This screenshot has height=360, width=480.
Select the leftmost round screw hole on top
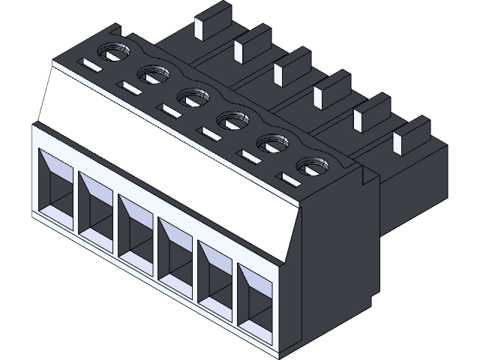[114, 54]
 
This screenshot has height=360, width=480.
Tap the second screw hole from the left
[153, 75]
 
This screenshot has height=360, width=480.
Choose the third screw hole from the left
[193, 97]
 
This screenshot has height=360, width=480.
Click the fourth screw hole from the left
[232, 118]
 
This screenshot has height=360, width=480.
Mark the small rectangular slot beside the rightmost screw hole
[289, 178]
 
